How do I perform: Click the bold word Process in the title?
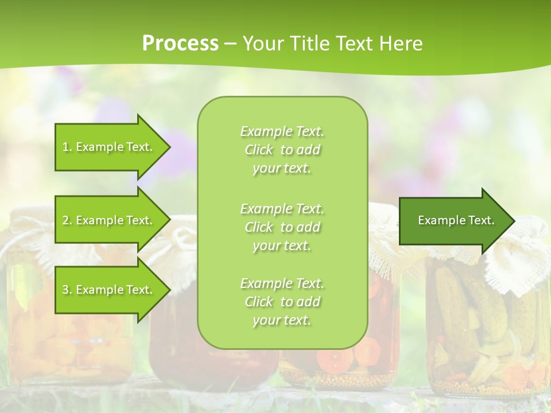coord(180,43)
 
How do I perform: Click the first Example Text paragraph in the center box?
coord(282,150)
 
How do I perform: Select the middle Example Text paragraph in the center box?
coord(282,227)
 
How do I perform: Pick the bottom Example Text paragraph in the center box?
coord(282,302)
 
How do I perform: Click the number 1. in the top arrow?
coord(67,147)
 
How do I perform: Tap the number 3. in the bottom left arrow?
coord(67,290)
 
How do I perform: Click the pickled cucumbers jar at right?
coord(482,333)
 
